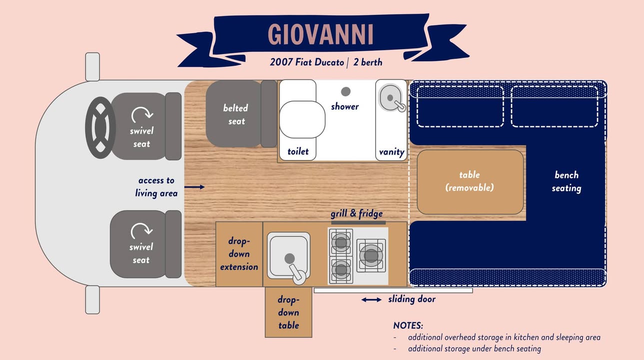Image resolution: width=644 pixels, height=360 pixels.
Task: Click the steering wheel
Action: coord(100,127)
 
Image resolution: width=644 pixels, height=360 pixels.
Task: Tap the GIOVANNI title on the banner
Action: coord(321,34)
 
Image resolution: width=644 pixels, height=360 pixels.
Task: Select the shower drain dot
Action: coord(346,91)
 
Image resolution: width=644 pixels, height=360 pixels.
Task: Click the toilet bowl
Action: coord(302,119)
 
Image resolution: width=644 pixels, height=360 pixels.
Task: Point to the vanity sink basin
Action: coord(390,98)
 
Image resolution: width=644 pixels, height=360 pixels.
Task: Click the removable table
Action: coord(470,182)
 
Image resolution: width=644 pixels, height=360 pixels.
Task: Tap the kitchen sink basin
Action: coord(289,255)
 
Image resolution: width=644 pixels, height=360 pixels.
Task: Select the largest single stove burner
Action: coord(371,255)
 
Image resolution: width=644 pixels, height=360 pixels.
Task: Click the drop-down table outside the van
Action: coord(288,312)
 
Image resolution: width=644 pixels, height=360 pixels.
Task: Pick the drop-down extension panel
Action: coord(239,254)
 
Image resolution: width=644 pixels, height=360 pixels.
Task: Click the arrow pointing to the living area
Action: coord(194,187)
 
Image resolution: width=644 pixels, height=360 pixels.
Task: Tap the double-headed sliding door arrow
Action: coord(371,300)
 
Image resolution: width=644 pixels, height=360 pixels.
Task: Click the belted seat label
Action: coord(236,114)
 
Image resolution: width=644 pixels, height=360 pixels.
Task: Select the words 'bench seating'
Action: coord(567,181)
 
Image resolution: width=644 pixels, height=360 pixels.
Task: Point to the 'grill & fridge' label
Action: coord(357,213)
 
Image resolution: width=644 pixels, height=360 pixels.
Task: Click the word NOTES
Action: coord(408,325)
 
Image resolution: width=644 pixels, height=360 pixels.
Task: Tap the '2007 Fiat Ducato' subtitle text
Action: coord(307,62)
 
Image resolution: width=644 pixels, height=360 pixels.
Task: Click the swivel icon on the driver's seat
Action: coord(142,114)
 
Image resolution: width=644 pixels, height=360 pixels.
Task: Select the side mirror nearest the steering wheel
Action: coord(92,67)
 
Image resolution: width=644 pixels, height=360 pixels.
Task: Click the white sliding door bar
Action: coord(393,290)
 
